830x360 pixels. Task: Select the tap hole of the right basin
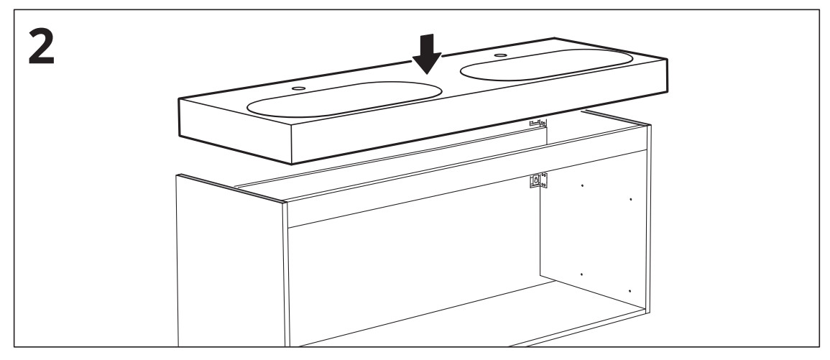(498, 55)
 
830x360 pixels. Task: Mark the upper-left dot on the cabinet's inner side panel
(581, 185)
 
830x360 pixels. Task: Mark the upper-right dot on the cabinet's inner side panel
(630, 198)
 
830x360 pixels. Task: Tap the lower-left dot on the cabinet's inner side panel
(581, 275)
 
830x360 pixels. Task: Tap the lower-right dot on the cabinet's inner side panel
(630, 290)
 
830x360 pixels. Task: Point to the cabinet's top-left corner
(178, 175)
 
